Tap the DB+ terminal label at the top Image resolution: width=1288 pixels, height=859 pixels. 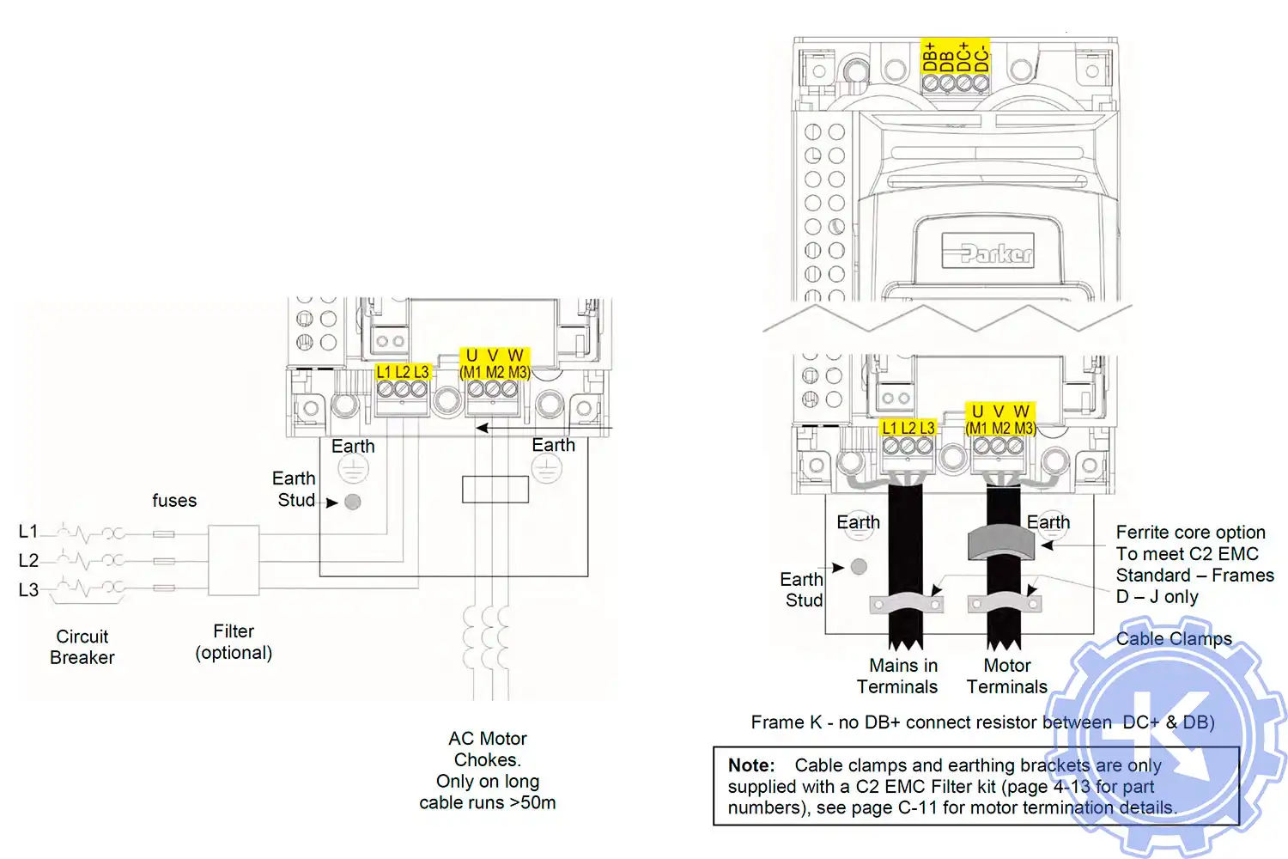point(929,57)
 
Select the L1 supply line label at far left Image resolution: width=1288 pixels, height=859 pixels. point(28,532)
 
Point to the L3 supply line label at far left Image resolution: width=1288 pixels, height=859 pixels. point(28,590)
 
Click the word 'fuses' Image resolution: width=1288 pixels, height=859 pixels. point(174,501)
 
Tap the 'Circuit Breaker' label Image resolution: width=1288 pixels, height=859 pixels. point(82,647)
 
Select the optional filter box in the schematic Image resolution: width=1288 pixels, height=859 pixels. point(234,560)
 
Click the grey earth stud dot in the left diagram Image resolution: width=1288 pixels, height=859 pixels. point(352,502)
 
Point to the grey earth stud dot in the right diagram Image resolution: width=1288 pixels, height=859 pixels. point(859,566)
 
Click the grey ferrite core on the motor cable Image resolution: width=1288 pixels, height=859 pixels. point(1001,542)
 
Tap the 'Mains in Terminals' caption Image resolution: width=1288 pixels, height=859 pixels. point(898,676)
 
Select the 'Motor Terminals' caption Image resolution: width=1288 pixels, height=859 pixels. point(1007,676)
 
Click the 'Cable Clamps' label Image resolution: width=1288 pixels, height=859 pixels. point(1174,639)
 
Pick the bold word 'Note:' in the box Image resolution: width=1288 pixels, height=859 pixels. point(751,765)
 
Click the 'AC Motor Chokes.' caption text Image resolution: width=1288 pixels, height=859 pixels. point(487,749)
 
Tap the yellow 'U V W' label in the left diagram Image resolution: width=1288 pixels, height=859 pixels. point(494,356)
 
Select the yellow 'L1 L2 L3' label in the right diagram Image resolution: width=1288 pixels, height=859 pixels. point(908,428)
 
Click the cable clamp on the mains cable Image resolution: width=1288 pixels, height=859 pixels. point(906,603)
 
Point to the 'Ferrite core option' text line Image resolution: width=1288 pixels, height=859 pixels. point(1190,533)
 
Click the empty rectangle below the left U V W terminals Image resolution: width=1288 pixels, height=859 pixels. point(495,489)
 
